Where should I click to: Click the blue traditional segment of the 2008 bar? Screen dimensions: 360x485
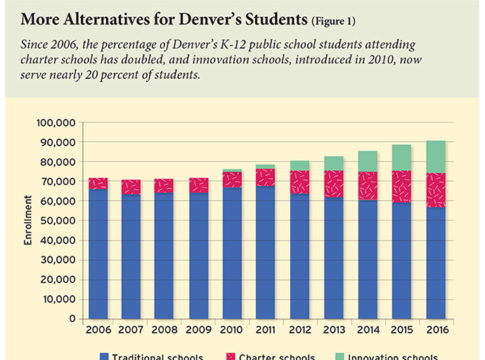[164, 248]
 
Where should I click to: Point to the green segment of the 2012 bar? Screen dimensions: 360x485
[300, 164]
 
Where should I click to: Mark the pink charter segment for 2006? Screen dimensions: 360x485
[97, 183]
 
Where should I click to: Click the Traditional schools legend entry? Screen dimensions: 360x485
[149, 355]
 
